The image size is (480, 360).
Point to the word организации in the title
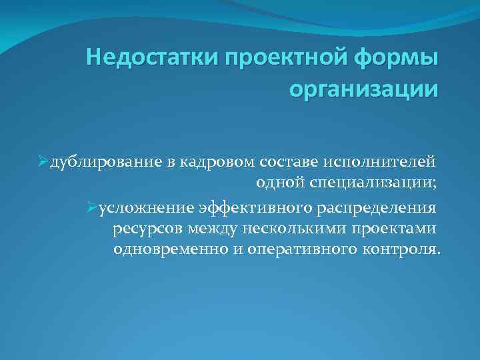364,87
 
